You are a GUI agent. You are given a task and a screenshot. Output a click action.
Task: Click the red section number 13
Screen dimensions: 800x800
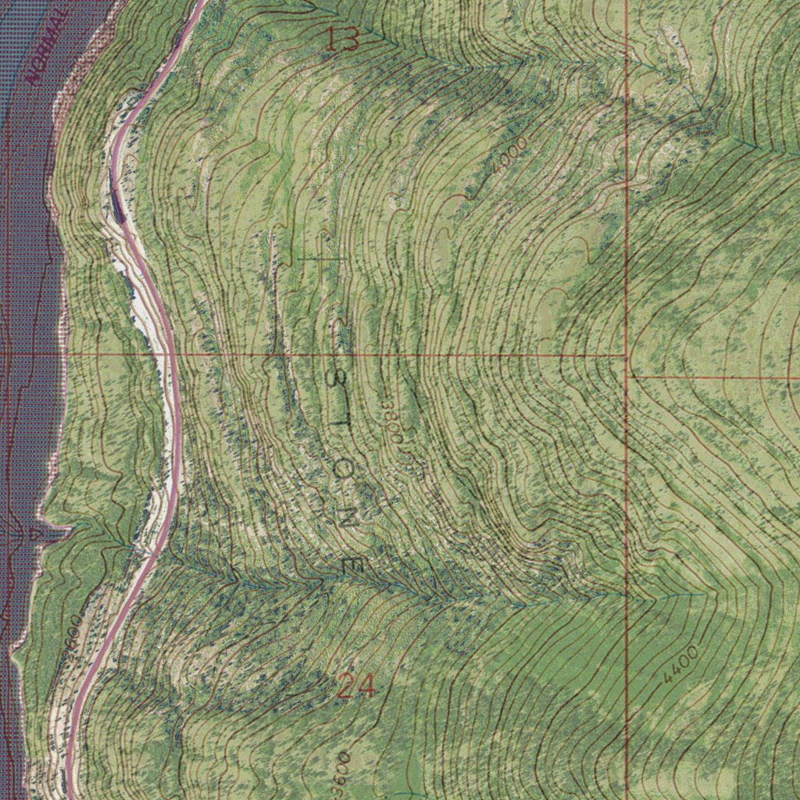[342, 39]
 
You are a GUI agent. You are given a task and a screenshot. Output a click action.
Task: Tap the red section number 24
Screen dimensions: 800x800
[355, 686]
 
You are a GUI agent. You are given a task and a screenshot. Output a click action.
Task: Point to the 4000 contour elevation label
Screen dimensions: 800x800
[510, 154]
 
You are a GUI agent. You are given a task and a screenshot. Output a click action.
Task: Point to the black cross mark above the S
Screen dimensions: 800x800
[324, 257]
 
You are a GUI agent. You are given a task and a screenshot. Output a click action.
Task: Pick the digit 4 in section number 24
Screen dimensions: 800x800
[365, 686]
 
